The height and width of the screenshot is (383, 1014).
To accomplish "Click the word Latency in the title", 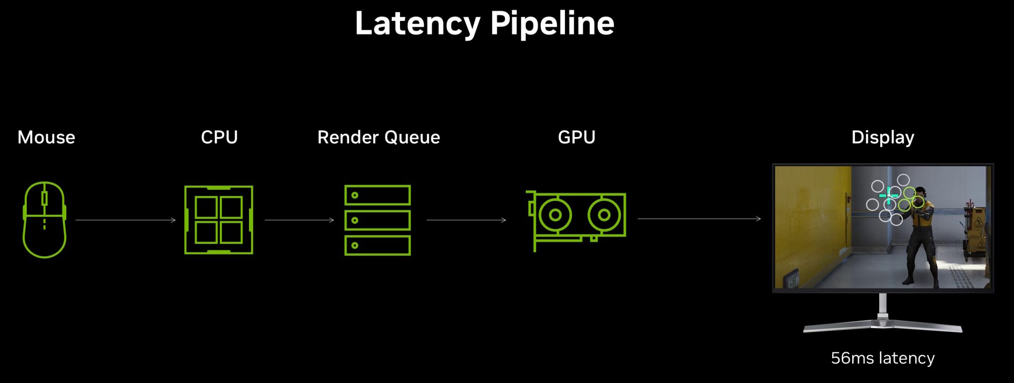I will click(417, 24).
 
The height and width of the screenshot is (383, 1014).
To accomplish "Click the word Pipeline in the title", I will click(552, 24).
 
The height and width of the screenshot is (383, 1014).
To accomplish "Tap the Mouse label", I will click(46, 138).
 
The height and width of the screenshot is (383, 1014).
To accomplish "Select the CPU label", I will click(219, 137).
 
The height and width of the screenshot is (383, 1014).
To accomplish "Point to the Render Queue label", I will click(378, 138).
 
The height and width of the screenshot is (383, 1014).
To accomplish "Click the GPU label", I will click(576, 137).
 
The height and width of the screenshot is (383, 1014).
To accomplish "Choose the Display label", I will click(882, 138).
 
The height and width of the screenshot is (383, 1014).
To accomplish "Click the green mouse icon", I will click(44, 220).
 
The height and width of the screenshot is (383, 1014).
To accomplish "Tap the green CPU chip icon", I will click(218, 220).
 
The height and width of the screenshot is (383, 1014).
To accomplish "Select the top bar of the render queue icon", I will click(377, 195).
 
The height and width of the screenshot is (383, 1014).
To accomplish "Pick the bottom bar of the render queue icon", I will click(377, 245).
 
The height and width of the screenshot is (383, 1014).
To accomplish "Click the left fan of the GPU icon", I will click(555, 215).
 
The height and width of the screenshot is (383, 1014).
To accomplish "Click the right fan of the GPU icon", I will click(604, 215).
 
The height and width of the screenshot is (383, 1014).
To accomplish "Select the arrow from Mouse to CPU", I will click(125, 220).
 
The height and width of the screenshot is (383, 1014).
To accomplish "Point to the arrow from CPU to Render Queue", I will click(299, 220).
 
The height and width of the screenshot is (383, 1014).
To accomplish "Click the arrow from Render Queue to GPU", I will click(466, 220).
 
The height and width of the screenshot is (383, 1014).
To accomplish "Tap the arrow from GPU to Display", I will click(699, 219).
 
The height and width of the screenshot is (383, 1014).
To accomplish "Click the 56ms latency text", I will click(882, 358).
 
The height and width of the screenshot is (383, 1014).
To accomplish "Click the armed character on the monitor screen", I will click(922, 233).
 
